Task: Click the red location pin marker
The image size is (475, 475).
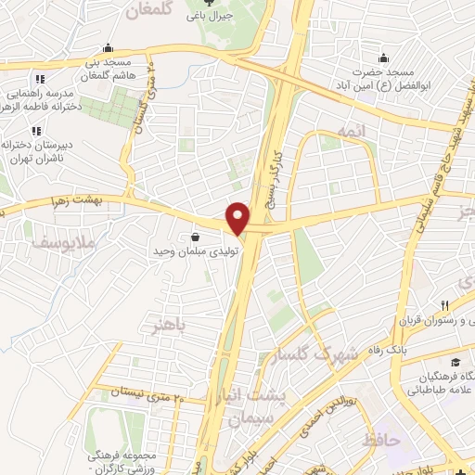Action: tap(239, 217)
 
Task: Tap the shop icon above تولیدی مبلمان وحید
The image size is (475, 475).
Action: tap(195, 236)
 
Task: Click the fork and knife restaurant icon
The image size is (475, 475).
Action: tap(445, 305)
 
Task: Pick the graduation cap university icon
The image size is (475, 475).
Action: tap(455, 362)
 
